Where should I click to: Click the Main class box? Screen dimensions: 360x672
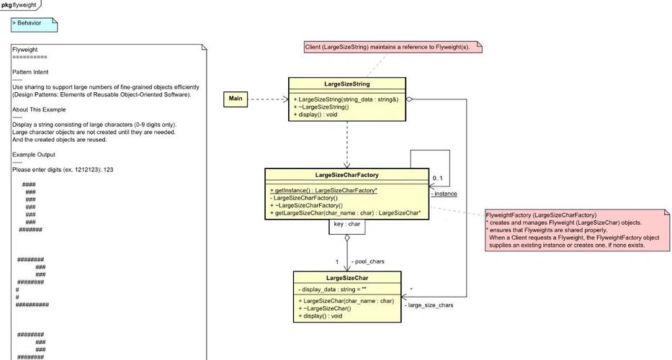[x=236, y=99]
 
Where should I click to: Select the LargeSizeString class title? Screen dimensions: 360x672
[x=347, y=84]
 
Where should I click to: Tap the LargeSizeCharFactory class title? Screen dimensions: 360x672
[x=347, y=175]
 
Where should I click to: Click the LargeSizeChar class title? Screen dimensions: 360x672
[x=346, y=278]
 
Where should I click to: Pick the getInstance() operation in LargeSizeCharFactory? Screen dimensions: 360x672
[x=323, y=189]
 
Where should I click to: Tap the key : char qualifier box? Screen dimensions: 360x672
[x=346, y=225]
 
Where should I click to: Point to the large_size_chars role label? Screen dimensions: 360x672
[x=429, y=305]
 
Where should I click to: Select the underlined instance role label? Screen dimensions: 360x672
[x=444, y=194]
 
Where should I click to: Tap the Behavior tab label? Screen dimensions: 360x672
[x=30, y=23]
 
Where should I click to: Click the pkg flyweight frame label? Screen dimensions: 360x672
[x=19, y=4]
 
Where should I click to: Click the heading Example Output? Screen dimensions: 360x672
[x=34, y=154]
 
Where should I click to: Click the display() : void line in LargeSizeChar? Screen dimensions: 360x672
[x=322, y=316]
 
